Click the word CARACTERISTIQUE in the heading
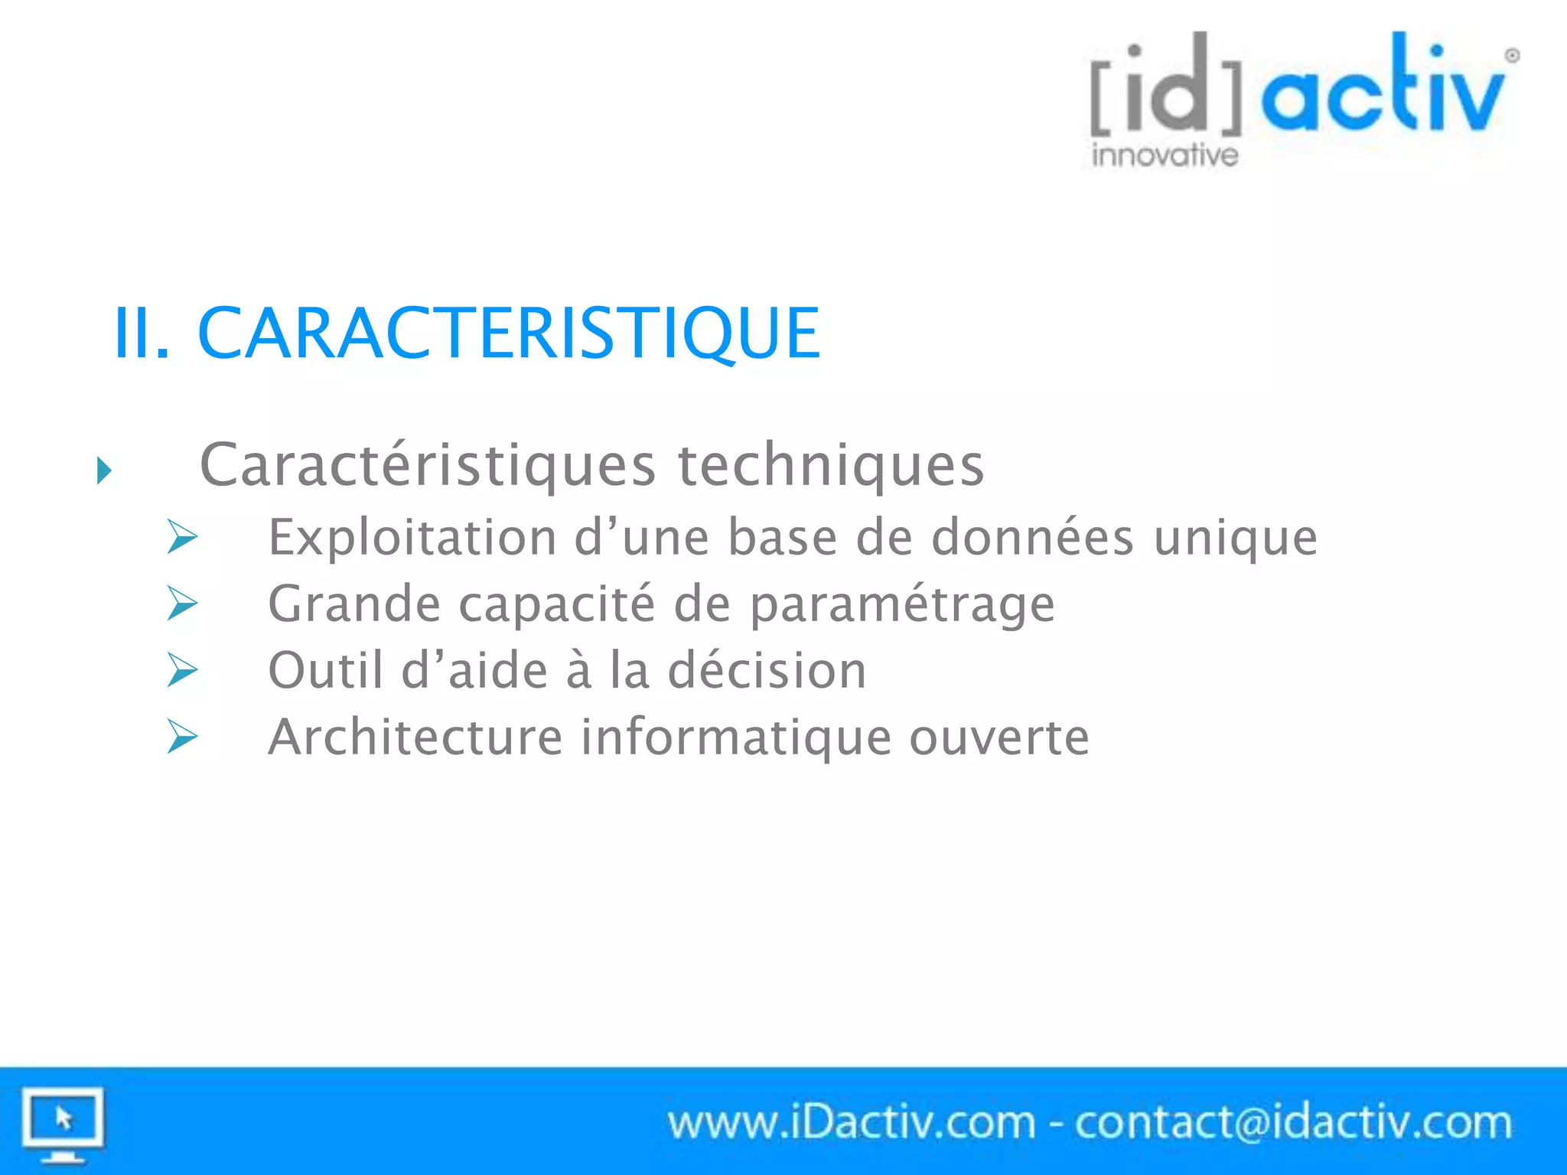[x=509, y=333]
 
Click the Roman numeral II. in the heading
[x=141, y=333]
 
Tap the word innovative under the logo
[x=1165, y=155]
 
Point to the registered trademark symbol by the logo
[x=1512, y=56]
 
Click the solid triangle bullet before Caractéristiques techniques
[x=104, y=470]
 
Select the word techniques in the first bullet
[x=831, y=465]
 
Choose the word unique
[x=1236, y=539]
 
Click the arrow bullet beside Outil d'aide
[x=182, y=670]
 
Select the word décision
[x=767, y=670]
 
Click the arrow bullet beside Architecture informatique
[x=182, y=737]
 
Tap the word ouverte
[x=999, y=737]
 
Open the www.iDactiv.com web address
[x=851, y=1123]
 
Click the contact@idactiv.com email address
[x=1293, y=1123]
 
